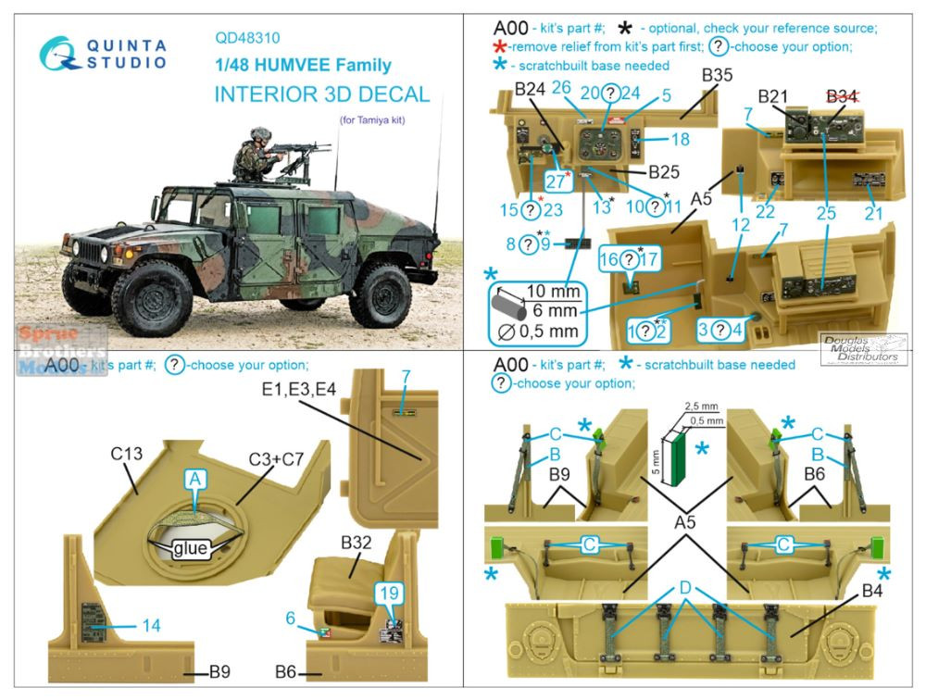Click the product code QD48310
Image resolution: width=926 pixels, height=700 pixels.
[x=248, y=39]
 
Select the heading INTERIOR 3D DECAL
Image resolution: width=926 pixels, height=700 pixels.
[x=321, y=94]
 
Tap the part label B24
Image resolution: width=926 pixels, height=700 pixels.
[x=534, y=91]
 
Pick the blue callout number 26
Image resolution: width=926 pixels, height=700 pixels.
[x=561, y=87]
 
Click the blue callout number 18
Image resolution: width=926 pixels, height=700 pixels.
[x=680, y=140]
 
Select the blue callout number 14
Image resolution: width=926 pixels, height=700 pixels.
[x=150, y=626]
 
